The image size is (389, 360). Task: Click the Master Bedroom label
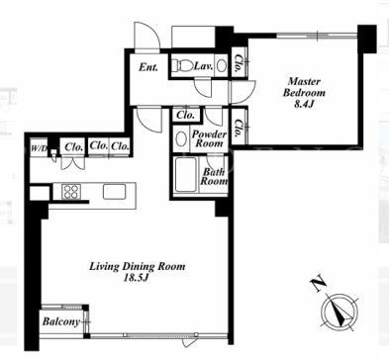304,87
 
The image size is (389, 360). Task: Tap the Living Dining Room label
138,266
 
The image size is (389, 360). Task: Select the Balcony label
61,321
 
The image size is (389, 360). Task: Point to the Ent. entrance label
148,67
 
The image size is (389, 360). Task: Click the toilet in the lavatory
182,65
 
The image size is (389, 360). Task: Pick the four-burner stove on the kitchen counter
71,191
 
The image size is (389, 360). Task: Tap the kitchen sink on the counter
114,191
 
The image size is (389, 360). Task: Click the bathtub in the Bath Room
186,174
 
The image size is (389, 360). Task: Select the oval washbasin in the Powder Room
181,139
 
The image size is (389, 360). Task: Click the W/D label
39,148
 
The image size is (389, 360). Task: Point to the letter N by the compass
318,286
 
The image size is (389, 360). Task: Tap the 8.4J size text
304,104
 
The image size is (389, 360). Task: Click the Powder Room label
209,138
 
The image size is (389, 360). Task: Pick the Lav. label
203,66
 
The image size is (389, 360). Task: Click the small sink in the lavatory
222,66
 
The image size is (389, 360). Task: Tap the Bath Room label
215,176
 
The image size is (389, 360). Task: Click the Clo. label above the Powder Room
185,115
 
